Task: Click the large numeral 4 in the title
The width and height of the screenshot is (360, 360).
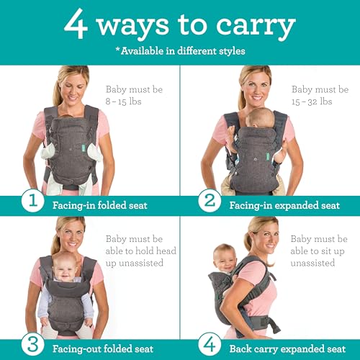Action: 76,24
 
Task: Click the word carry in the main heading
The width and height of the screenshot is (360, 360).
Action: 256,27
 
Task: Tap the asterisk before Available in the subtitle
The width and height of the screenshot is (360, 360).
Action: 117,49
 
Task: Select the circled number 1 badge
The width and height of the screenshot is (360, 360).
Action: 32,200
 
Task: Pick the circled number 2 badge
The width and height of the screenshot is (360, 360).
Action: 210,200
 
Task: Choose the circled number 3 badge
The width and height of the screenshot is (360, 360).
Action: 32,345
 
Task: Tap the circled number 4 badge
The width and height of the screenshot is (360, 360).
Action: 210,345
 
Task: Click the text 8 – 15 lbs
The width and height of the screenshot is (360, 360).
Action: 123,102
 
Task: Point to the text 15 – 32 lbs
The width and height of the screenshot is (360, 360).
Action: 312,102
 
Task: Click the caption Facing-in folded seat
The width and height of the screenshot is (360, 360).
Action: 100,205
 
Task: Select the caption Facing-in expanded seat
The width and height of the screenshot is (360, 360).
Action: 284,205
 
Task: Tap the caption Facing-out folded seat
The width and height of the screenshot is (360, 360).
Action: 103,348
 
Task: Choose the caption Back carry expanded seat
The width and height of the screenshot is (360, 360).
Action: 287,348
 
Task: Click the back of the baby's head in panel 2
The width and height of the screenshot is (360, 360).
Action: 261,118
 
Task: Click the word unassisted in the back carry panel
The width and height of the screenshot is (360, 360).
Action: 312,263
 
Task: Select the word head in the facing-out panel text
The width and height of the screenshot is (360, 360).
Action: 166,251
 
